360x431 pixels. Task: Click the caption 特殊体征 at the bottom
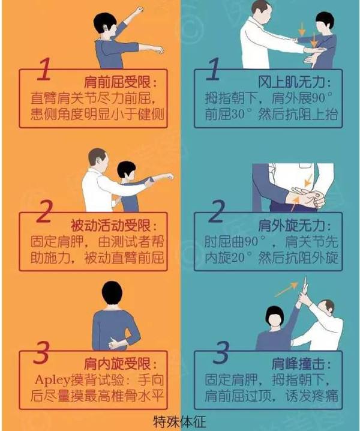(x=179, y=420)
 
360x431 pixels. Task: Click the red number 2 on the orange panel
(x=46, y=213)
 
